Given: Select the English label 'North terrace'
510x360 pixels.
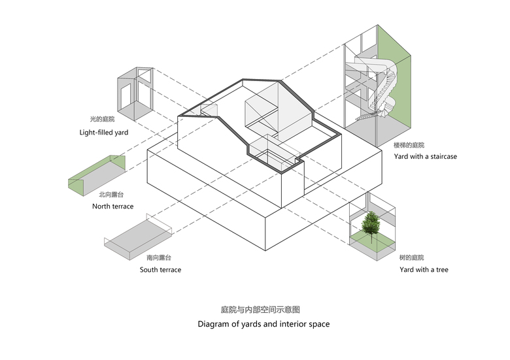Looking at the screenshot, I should coord(112,206).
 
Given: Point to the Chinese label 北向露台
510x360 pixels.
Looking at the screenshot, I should coord(112,195).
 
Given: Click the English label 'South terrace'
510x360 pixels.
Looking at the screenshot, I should coord(160,270).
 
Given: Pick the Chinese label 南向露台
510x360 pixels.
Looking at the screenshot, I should coord(160,258).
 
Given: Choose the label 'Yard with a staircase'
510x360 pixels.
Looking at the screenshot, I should coord(425,157).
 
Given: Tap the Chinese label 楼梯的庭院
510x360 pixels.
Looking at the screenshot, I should coord(409,144).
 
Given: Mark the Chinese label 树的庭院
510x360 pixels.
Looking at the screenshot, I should coord(412,257).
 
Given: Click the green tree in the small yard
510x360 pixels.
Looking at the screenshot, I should coord(372,223).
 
